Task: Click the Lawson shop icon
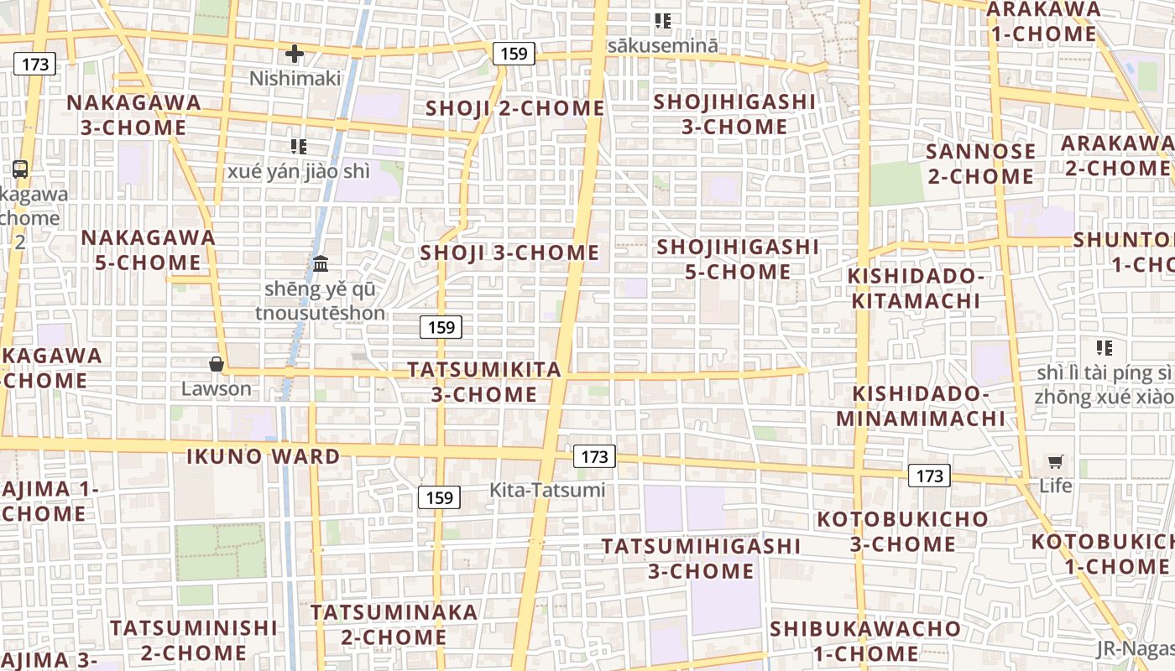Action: coord(217,364)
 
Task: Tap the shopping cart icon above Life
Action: coord(1055,461)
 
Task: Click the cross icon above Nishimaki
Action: coord(295,55)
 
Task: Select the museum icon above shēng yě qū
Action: coord(321,264)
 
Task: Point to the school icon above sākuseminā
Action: coord(663,21)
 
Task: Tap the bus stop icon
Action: coord(20,169)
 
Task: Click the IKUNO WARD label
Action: coord(263,457)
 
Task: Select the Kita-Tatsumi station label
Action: coord(547,490)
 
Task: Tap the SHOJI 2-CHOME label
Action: coord(515,108)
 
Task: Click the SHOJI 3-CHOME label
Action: coord(510,252)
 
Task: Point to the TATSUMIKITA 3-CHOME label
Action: coord(484,382)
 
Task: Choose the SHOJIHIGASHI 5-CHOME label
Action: coord(738,259)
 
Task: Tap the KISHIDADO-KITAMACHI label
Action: coord(914,289)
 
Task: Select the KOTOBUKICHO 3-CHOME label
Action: coord(903,531)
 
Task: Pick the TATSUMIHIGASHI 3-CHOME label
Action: coord(701,559)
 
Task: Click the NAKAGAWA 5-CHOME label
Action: coord(149,250)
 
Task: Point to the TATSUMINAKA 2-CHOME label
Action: coord(394,624)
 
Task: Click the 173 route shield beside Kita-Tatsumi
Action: coord(594,456)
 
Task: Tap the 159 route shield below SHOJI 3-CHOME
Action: coord(441,327)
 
